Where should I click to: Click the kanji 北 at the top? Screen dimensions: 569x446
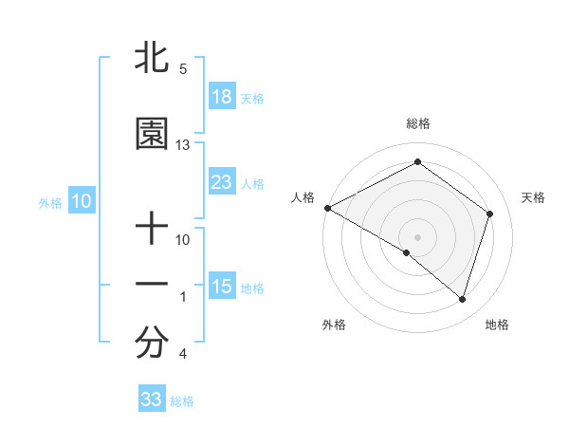tap(152, 59)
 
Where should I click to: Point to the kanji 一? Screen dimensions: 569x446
tap(152, 284)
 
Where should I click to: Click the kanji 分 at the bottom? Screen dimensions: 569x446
tap(152, 344)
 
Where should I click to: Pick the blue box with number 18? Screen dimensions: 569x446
tap(222, 97)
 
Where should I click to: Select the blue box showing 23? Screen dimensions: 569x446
tap(222, 182)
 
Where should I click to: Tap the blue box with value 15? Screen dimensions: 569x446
tap(222, 287)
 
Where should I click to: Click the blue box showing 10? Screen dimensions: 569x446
tap(82, 201)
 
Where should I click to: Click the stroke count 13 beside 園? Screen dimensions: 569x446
tap(183, 145)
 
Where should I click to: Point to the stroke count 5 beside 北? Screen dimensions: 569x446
tap(182, 69)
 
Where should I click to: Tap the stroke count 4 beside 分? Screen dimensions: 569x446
tap(182, 355)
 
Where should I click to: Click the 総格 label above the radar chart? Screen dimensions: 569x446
tap(417, 123)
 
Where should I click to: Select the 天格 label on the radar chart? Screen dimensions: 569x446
tap(533, 197)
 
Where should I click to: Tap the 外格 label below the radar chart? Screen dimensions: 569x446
tap(334, 325)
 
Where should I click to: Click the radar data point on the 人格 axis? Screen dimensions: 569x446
tap(327, 207)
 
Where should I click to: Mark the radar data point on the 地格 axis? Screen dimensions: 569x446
tap(462, 300)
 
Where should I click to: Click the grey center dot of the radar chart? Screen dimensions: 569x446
tap(417, 236)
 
